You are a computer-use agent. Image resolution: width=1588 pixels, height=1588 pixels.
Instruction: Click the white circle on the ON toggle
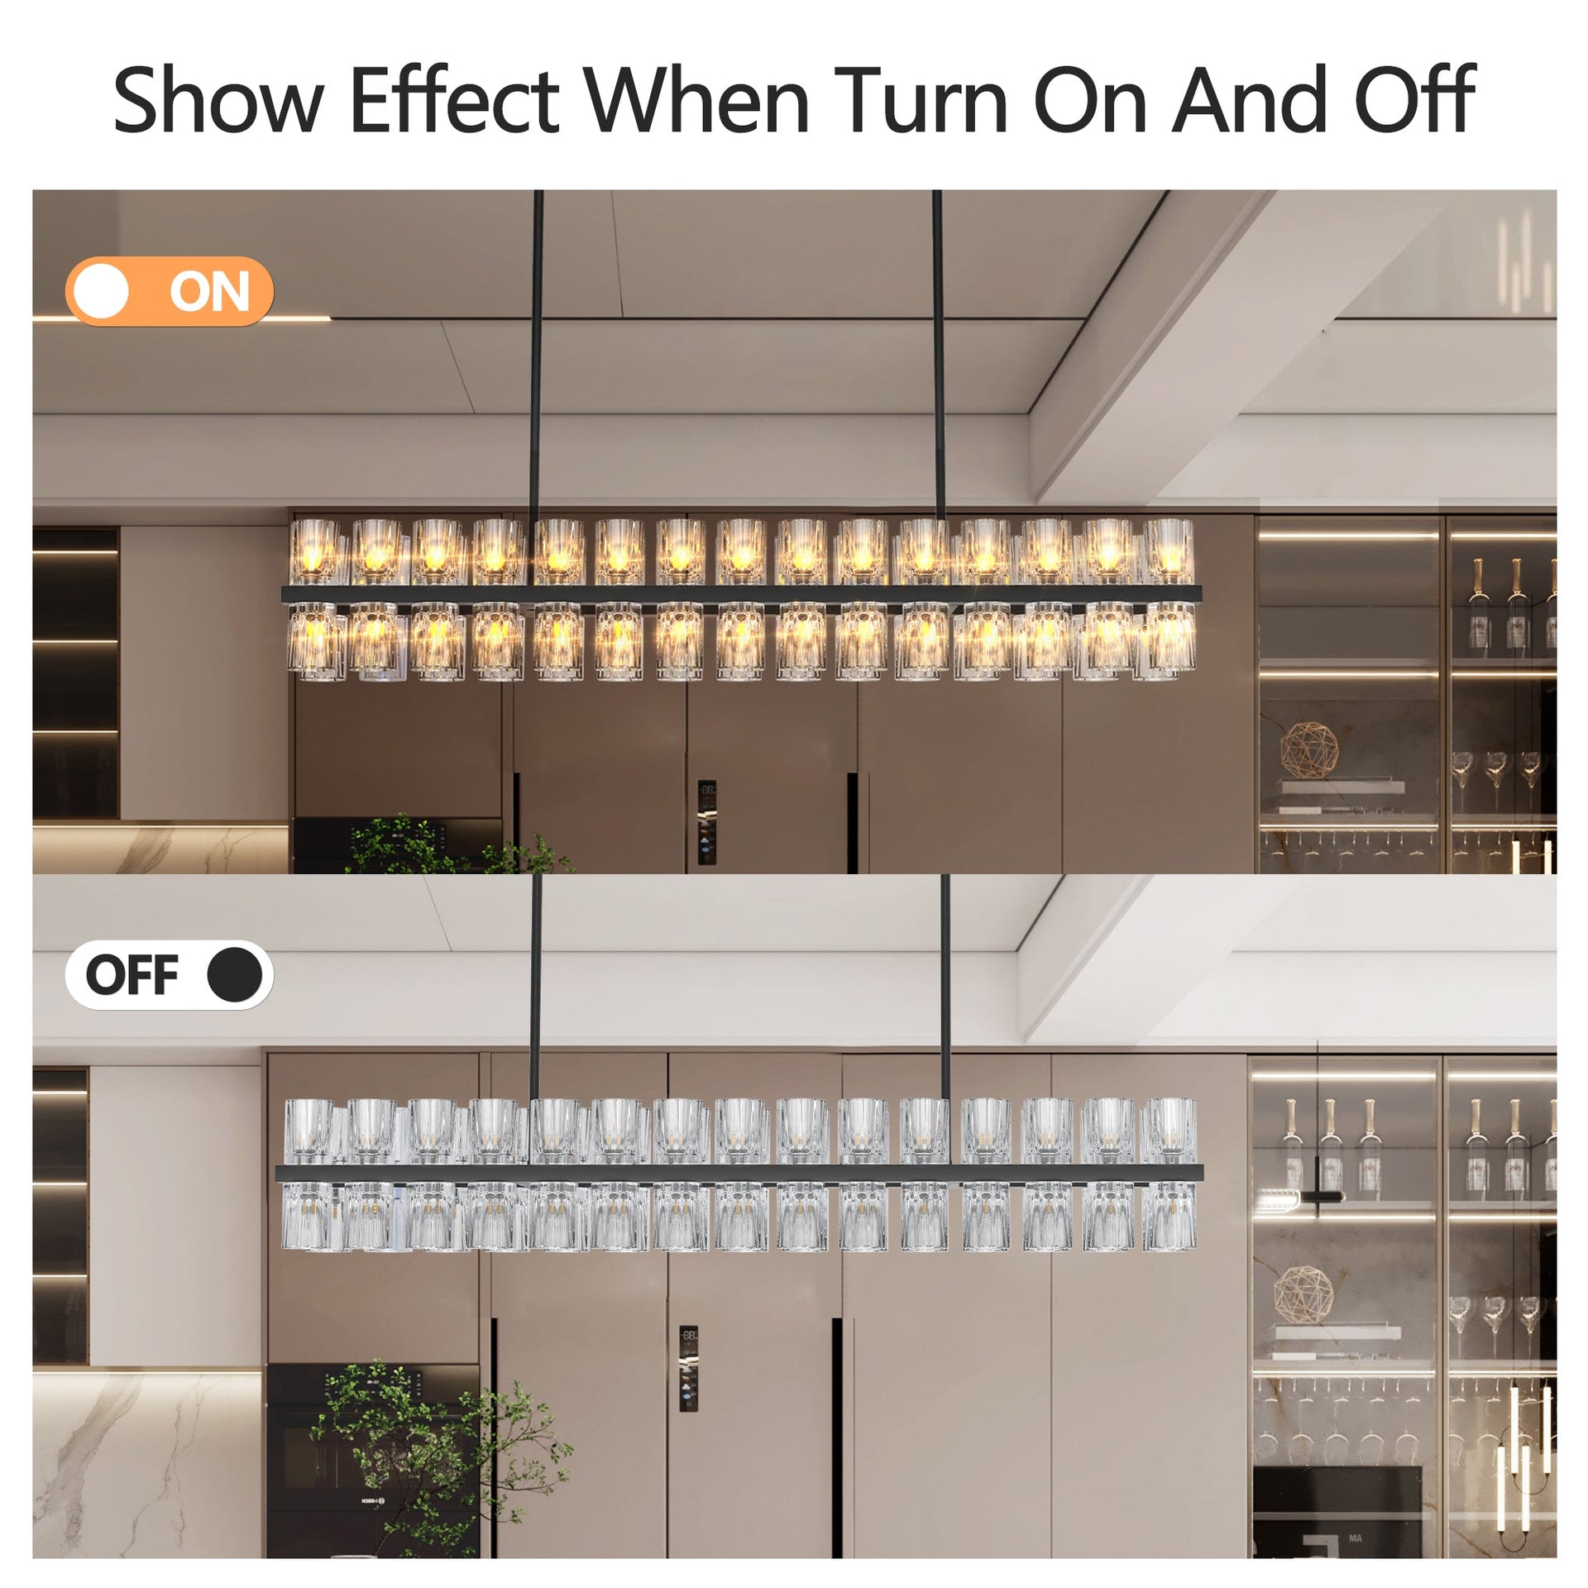(101, 291)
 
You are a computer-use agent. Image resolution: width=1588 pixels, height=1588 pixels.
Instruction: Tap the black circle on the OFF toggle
(235, 974)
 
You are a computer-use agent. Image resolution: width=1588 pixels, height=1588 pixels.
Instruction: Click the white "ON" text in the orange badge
(209, 292)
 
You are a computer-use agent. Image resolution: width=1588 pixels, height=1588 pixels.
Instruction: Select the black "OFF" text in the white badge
(132, 975)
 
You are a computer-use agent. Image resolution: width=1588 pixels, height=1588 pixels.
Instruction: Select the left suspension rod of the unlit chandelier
(537, 984)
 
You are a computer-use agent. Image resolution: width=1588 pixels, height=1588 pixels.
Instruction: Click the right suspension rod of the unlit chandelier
(945, 984)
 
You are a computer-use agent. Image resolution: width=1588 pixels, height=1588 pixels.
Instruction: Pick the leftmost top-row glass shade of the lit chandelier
(315, 551)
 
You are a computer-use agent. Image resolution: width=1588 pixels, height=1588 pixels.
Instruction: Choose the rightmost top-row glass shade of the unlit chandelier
(1169, 1130)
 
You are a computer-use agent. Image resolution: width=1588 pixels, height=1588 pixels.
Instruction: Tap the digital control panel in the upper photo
(706, 822)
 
